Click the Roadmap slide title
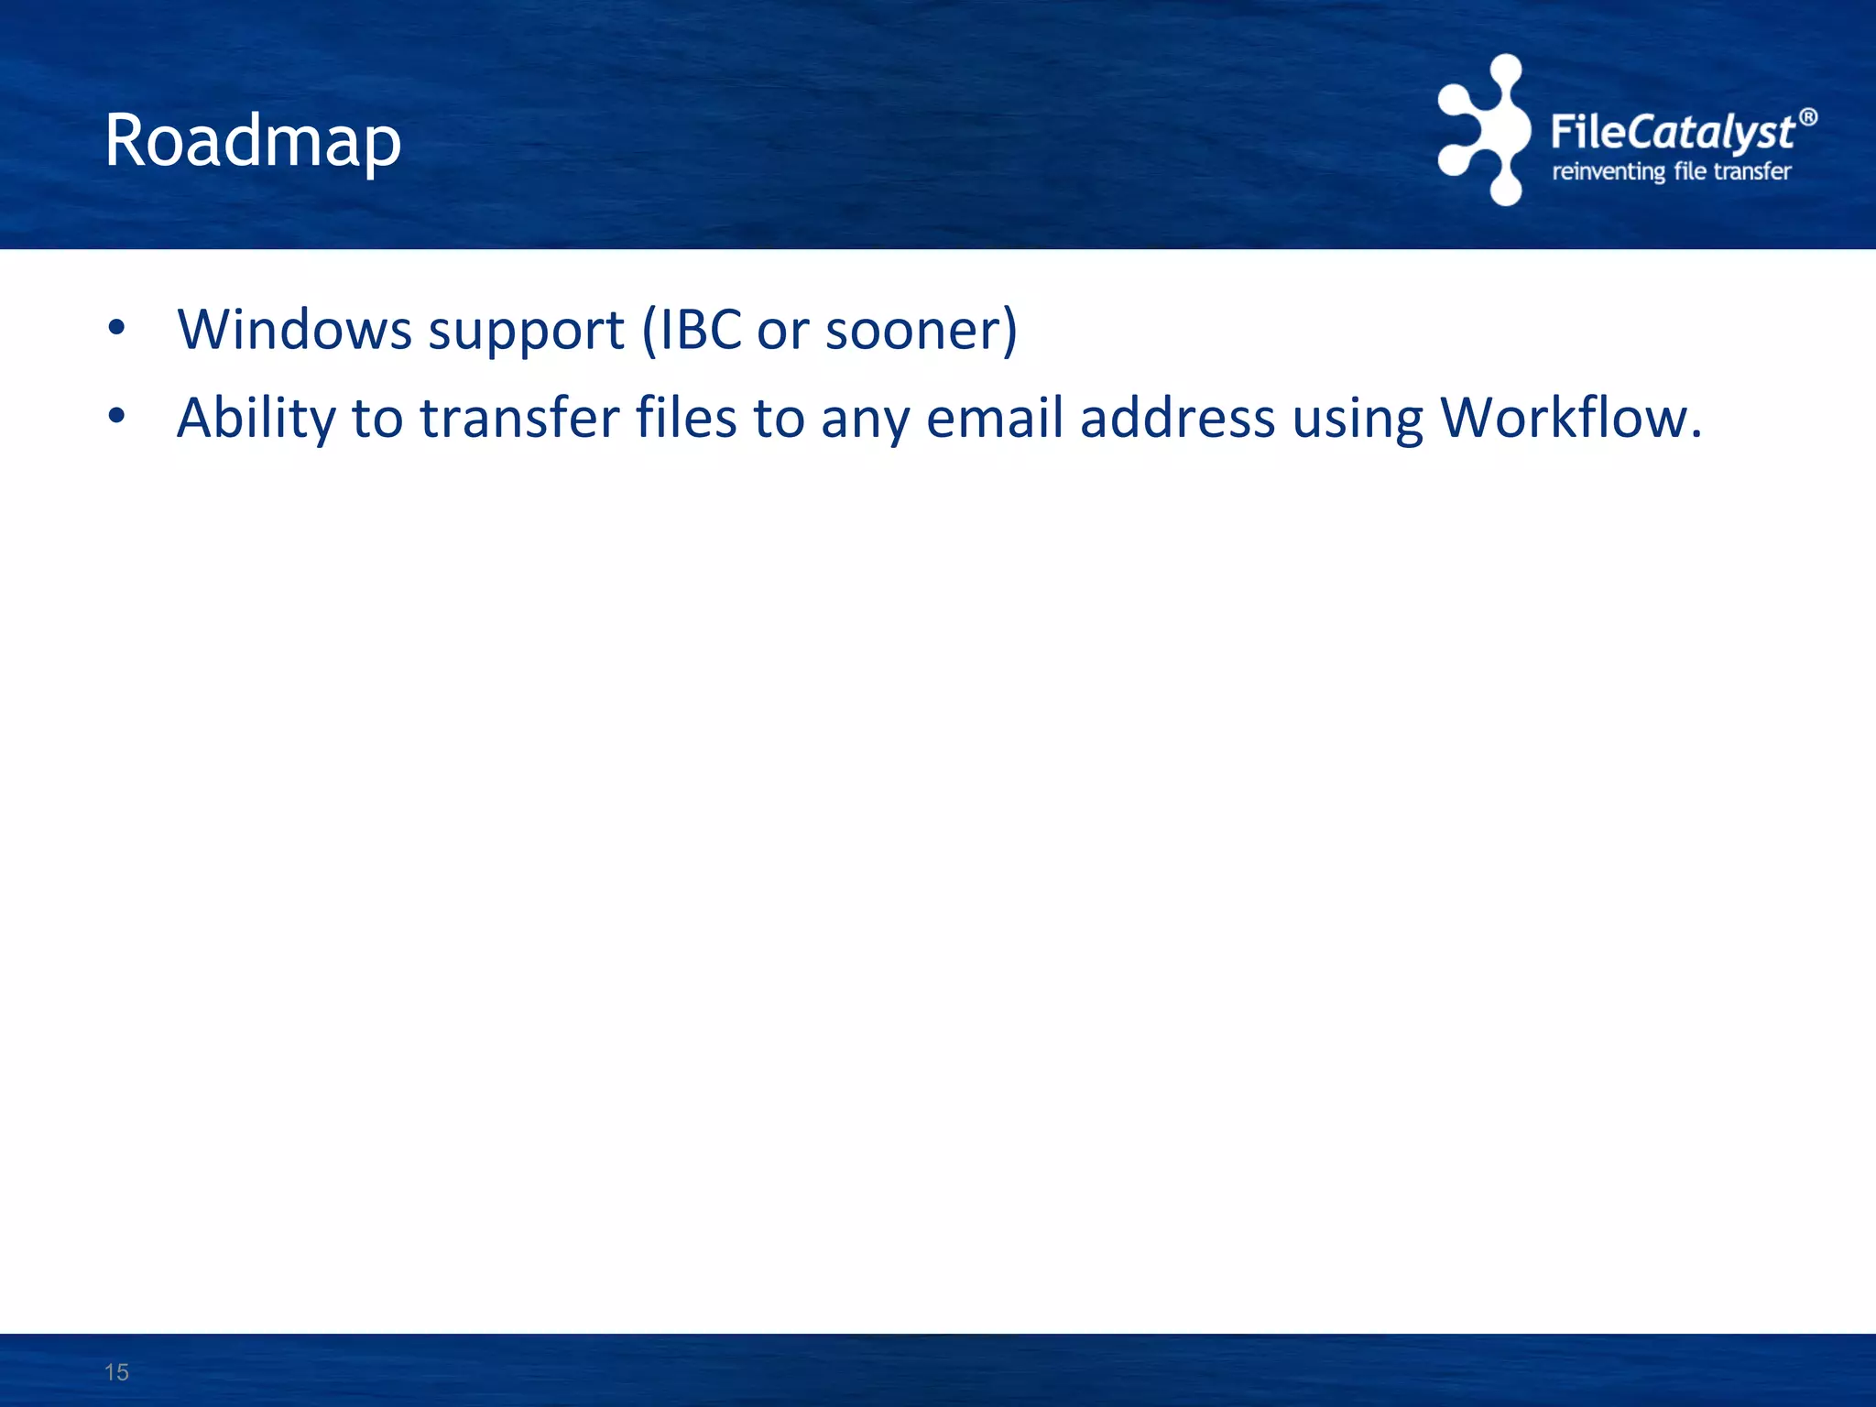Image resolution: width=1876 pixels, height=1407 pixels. click(x=253, y=141)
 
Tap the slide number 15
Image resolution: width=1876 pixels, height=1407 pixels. click(x=116, y=1372)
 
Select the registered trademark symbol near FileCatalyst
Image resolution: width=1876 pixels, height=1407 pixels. click(x=1807, y=117)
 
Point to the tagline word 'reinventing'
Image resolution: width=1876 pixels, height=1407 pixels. click(x=1608, y=171)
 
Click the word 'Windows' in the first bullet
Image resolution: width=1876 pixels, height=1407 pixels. click(x=294, y=329)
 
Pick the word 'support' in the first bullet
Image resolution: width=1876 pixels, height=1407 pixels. click(x=526, y=331)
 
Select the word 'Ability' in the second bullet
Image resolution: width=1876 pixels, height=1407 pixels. click(x=256, y=419)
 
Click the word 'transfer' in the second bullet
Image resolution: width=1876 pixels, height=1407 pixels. click(x=520, y=418)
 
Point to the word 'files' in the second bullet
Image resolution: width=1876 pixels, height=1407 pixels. click(x=687, y=418)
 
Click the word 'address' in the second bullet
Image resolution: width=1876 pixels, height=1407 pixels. click(x=1177, y=418)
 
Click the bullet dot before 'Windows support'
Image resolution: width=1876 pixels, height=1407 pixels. click(x=115, y=327)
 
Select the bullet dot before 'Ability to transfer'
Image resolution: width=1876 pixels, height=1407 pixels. click(x=115, y=417)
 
